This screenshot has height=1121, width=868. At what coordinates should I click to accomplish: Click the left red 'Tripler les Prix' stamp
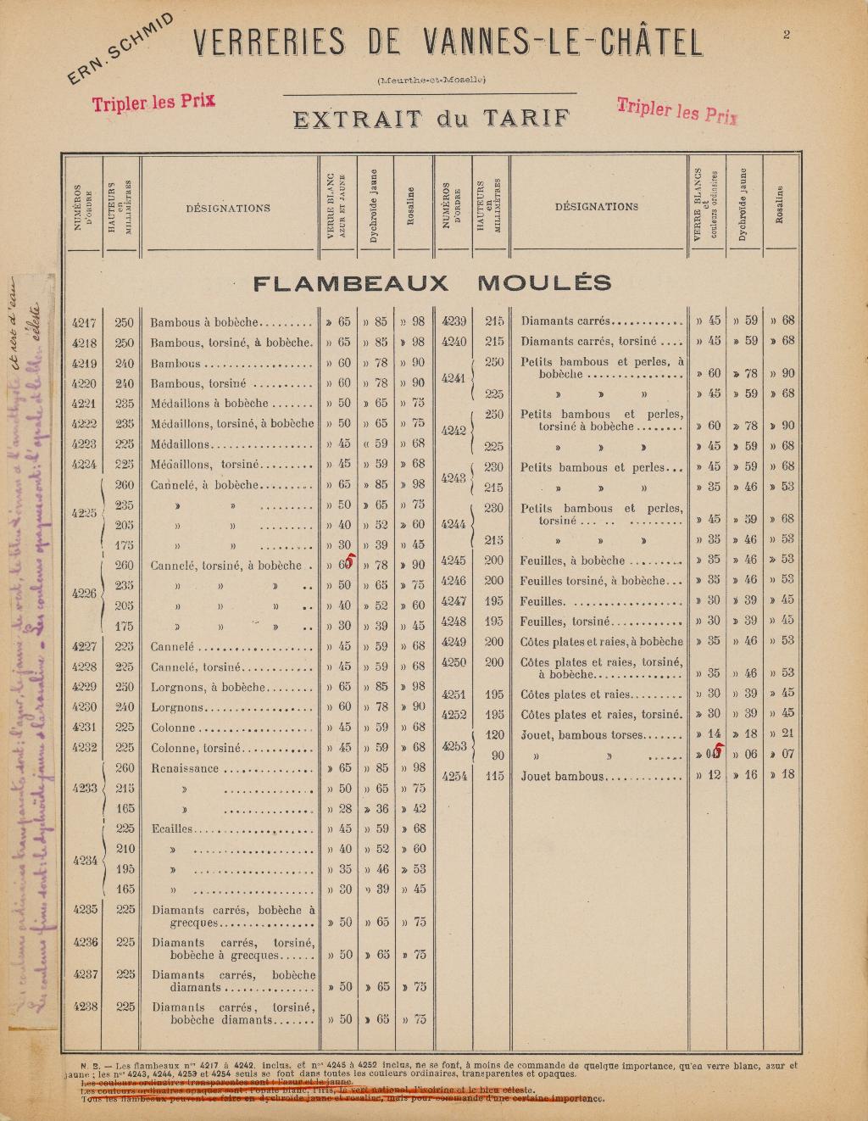(x=153, y=103)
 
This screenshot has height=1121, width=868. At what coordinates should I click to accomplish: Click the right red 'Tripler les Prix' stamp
(x=677, y=110)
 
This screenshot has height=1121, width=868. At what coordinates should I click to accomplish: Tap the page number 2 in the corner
(x=787, y=35)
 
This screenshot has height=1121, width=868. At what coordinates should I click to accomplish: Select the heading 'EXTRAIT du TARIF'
(x=431, y=118)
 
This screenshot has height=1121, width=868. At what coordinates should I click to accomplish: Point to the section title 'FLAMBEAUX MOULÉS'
(x=431, y=283)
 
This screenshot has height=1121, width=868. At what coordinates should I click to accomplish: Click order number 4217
(x=84, y=322)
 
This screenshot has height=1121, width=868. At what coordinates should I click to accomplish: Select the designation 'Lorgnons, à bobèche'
(x=208, y=687)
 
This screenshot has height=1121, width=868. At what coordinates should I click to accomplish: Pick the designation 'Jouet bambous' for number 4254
(x=561, y=776)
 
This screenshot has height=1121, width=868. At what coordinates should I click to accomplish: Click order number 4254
(x=454, y=776)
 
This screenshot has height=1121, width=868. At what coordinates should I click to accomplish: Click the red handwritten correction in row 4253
(x=717, y=750)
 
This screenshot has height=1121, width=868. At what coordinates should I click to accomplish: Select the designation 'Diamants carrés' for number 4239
(x=565, y=321)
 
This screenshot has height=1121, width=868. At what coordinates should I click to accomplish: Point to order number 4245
(x=454, y=560)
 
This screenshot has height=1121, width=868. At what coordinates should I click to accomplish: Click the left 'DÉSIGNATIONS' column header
(x=228, y=208)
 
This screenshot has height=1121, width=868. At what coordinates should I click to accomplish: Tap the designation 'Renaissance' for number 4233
(x=184, y=769)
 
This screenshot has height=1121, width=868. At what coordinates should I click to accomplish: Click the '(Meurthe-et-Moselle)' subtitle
(x=431, y=81)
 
